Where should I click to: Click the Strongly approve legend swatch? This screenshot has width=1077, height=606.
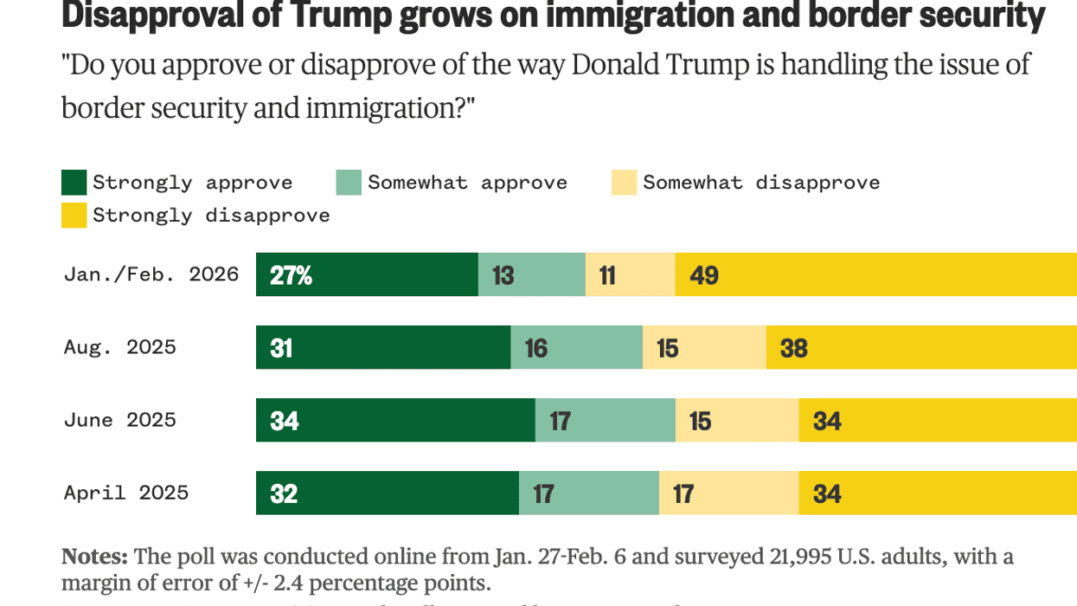pyautogui.click(x=74, y=183)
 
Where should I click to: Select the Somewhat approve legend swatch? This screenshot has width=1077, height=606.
pyautogui.click(x=349, y=183)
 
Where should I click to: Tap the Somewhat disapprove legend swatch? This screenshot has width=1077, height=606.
pyautogui.click(x=624, y=183)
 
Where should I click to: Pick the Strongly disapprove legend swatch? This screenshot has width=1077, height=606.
pyautogui.click(x=74, y=216)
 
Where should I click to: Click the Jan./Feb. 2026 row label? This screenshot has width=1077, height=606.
pyautogui.click(x=151, y=274)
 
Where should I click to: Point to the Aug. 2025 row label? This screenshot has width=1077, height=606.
pyautogui.click(x=119, y=347)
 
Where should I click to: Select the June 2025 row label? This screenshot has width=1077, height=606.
pyautogui.click(x=119, y=420)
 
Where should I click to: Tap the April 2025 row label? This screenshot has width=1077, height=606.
pyautogui.click(x=125, y=493)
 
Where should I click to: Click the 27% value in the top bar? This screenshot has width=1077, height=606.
pyautogui.click(x=291, y=275)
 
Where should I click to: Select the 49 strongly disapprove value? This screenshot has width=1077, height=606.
pyautogui.click(x=704, y=275)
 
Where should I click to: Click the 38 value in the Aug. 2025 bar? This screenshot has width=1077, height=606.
pyautogui.click(x=793, y=348)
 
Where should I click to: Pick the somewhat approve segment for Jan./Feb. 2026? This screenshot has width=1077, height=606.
pyautogui.click(x=531, y=274)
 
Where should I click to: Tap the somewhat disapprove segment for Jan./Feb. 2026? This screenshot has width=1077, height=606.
pyautogui.click(x=630, y=274)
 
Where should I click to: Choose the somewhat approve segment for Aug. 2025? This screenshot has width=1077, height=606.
pyautogui.click(x=576, y=347)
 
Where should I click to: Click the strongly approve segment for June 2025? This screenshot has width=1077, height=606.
pyautogui.click(x=395, y=420)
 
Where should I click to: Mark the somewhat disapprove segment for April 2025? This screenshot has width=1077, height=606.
pyautogui.click(x=728, y=493)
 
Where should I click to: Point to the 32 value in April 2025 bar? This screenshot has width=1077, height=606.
pyautogui.click(x=284, y=493)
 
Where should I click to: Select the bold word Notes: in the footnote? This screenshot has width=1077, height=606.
pyautogui.click(x=94, y=556)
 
